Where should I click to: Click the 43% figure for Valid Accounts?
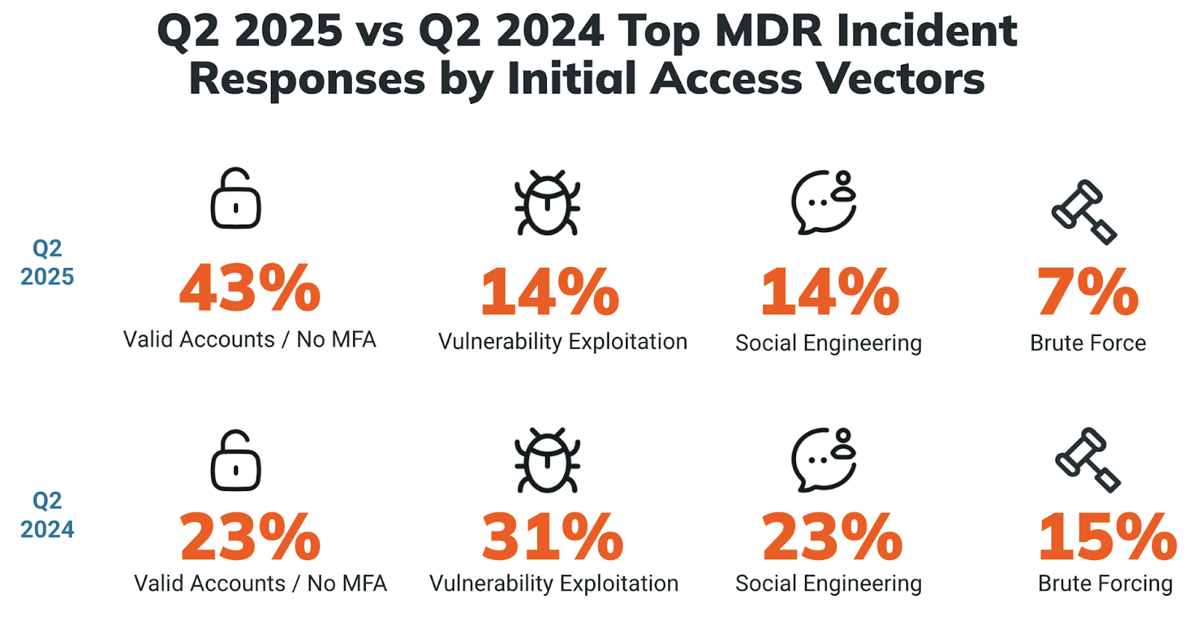point(250,288)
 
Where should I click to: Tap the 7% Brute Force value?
point(1088,292)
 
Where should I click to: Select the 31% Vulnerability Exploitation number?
point(552,537)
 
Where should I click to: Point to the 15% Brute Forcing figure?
point(1108,537)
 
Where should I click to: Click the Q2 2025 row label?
point(47,262)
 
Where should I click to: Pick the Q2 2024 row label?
point(47,515)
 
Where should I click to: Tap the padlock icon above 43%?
point(236,198)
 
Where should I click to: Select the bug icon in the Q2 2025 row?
point(548,203)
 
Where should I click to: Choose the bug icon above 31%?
point(548,460)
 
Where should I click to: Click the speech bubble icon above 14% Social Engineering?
point(824,202)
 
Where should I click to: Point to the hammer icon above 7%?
point(1084,212)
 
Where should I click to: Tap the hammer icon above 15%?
point(1088,460)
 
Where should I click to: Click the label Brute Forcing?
point(1105,583)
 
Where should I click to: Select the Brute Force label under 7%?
point(1088,343)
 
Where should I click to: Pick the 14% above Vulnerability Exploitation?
point(550,292)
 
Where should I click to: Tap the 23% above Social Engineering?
point(832,537)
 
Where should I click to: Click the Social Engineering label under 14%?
point(828,343)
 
